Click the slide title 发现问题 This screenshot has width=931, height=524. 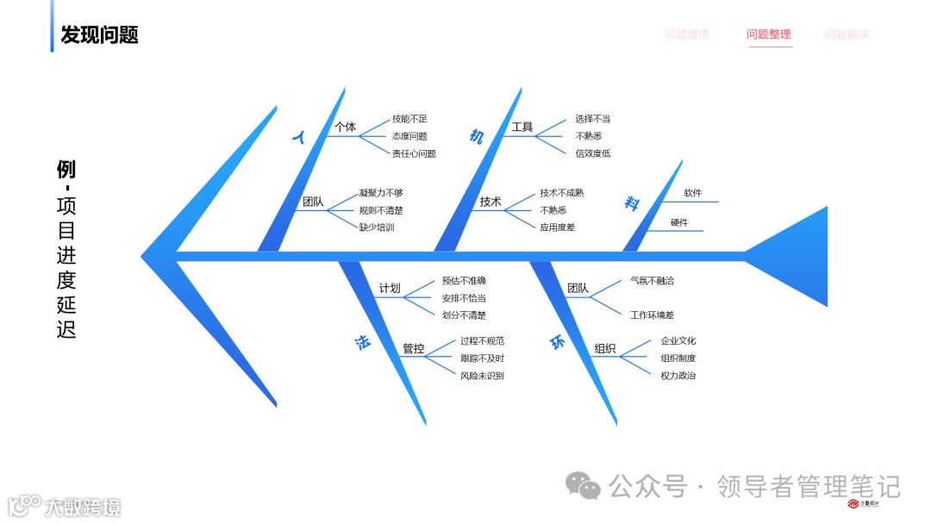99,34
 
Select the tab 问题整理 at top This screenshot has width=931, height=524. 768,34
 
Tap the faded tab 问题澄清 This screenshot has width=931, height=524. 687,34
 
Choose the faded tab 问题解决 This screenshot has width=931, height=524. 847,34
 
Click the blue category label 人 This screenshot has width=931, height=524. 300,137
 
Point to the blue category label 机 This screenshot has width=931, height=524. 477,136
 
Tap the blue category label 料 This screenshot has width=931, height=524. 632,203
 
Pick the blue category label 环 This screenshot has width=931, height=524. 558,343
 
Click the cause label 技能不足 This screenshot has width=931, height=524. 409,119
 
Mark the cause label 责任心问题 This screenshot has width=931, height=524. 414,153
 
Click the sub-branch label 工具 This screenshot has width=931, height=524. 522,128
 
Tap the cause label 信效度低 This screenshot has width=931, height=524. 593,153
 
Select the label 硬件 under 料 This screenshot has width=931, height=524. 679,222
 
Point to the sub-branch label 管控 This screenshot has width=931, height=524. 413,349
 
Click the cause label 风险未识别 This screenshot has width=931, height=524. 482,376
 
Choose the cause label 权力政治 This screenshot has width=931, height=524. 678,376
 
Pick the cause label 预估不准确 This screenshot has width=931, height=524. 464,280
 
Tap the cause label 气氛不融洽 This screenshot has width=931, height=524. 652,280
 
